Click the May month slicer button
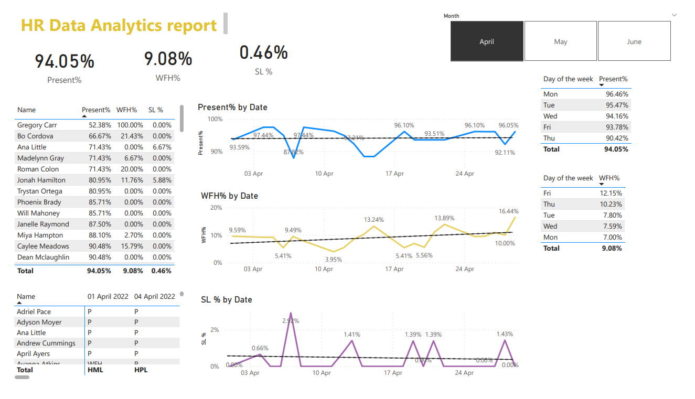(x=560, y=41)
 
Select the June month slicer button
(x=634, y=41)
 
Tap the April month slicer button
(x=487, y=41)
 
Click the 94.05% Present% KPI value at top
(x=65, y=61)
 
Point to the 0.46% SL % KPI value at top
(x=263, y=52)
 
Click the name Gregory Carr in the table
(x=37, y=125)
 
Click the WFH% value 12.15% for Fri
(x=612, y=193)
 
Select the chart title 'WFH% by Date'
(x=229, y=196)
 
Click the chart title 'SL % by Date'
(x=227, y=300)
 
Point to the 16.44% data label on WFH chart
(x=508, y=211)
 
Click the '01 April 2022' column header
(x=108, y=297)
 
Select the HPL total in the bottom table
(x=141, y=370)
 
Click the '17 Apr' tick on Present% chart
(x=394, y=174)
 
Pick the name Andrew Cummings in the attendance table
(x=46, y=343)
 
